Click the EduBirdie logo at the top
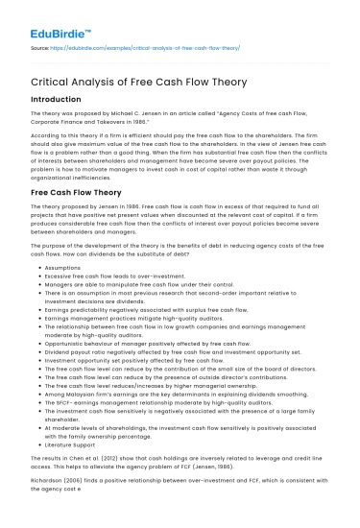click(x=46, y=16)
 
